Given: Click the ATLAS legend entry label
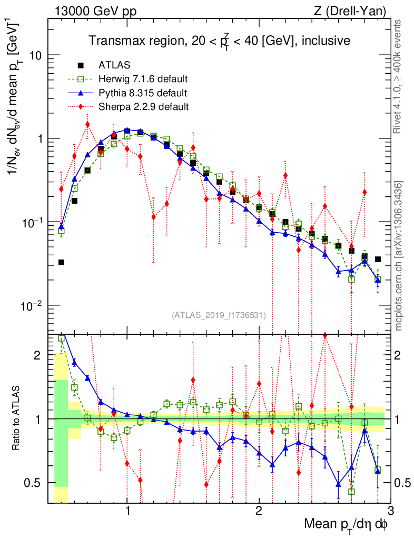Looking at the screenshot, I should tap(111, 66).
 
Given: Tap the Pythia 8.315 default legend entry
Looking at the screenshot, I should tap(143, 93).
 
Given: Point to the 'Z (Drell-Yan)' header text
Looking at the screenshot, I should tap(357, 10).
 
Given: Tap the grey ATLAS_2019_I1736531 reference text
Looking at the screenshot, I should tap(219, 315).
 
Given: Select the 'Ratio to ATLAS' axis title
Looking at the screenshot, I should tap(17, 419).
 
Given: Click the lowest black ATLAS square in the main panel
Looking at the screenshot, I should tap(61, 262).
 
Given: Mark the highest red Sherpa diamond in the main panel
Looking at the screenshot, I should tap(87, 124).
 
